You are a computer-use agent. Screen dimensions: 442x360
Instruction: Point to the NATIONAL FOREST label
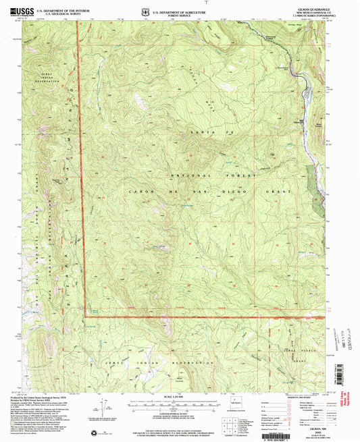click(x=185, y=175)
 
